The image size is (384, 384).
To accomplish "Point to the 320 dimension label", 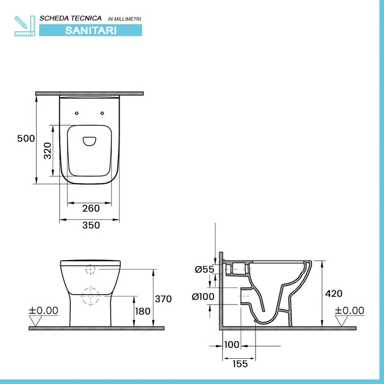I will [x=48, y=150].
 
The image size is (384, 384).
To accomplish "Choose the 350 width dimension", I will [x=91, y=225].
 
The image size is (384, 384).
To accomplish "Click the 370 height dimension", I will [x=163, y=299].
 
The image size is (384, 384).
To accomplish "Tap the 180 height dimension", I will [x=143, y=311].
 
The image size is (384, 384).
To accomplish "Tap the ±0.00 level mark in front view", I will [x=43, y=310].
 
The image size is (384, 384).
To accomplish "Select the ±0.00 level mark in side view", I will [x=349, y=310].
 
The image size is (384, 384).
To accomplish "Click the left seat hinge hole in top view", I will [x=76, y=113].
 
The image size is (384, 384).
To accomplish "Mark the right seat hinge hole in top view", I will [x=102, y=113].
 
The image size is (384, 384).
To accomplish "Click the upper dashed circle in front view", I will [x=91, y=270].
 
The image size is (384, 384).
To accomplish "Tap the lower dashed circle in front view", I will [x=91, y=297].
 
